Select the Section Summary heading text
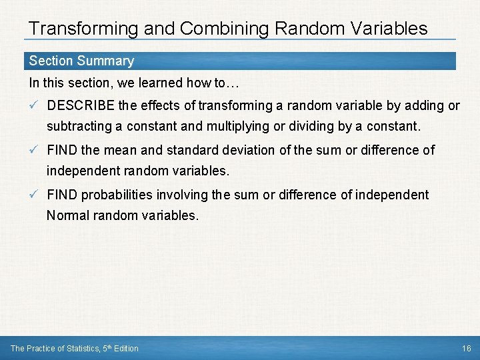(x=81, y=61)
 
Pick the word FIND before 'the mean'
(x=62, y=150)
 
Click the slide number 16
(x=466, y=349)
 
